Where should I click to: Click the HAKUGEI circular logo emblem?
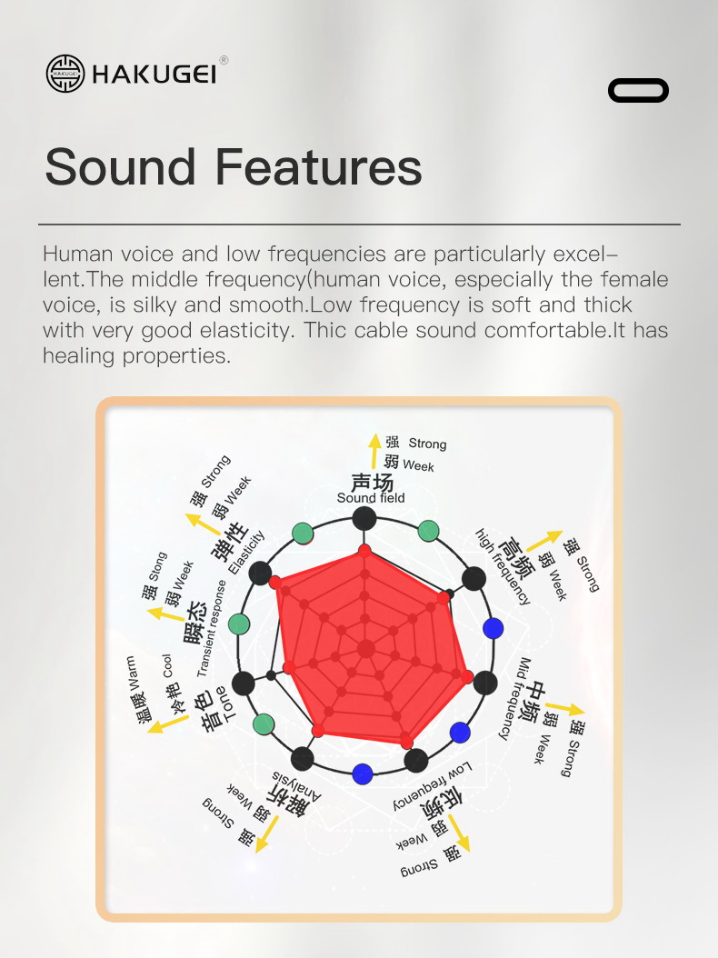coord(65,74)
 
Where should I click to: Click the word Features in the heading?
coord(318,167)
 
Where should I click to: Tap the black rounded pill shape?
coord(638,90)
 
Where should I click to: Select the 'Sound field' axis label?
coord(371,498)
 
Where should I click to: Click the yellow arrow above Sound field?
coord(374,451)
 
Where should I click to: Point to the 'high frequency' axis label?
coord(503,567)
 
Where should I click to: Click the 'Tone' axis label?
coord(224,704)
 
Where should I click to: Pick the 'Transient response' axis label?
coord(212,629)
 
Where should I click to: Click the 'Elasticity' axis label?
coord(246,553)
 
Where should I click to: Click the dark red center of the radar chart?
coord(366,648)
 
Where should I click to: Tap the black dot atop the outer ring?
coord(364,519)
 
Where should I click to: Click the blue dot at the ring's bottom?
coord(363,774)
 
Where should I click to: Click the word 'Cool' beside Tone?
coord(167,666)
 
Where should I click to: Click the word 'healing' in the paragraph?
coord(78,355)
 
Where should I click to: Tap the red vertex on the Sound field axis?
coord(364,551)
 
